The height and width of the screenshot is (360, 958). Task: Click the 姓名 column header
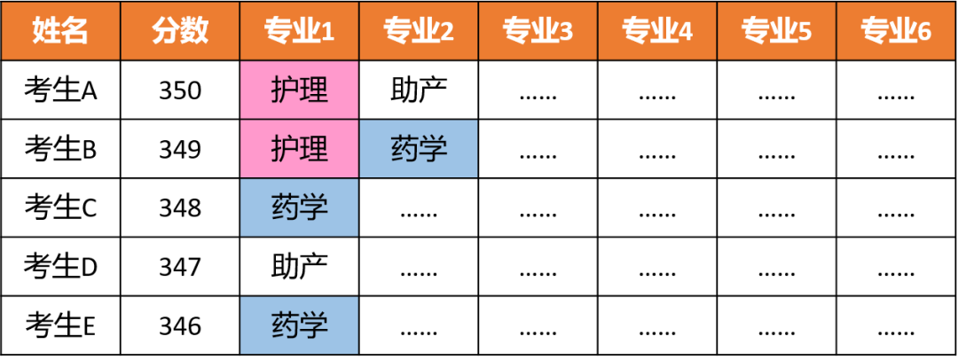point(60,31)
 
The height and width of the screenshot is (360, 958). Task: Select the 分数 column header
point(180,31)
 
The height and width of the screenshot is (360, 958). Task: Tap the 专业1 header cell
point(300,31)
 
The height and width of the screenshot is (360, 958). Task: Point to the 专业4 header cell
point(657,31)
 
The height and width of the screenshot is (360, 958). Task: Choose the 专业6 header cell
point(896,31)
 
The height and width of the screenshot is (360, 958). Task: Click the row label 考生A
point(60,90)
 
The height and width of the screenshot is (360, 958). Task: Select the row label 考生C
point(60,207)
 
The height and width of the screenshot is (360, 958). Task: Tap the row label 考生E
point(60,325)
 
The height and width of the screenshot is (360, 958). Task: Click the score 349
point(180,150)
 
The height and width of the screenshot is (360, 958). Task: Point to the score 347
point(180,267)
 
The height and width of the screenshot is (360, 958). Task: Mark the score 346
point(180,325)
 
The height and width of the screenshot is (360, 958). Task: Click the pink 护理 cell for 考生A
point(300,90)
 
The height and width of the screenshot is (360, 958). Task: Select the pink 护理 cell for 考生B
point(300,149)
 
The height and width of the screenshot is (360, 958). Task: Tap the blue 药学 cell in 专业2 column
point(419,149)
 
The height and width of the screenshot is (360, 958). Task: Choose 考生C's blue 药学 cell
point(300,207)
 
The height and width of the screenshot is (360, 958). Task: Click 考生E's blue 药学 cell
point(300,325)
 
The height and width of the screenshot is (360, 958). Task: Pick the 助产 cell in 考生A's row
point(419,90)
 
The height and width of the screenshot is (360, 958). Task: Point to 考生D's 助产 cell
point(300,267)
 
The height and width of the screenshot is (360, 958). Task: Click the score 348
point(180,208)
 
